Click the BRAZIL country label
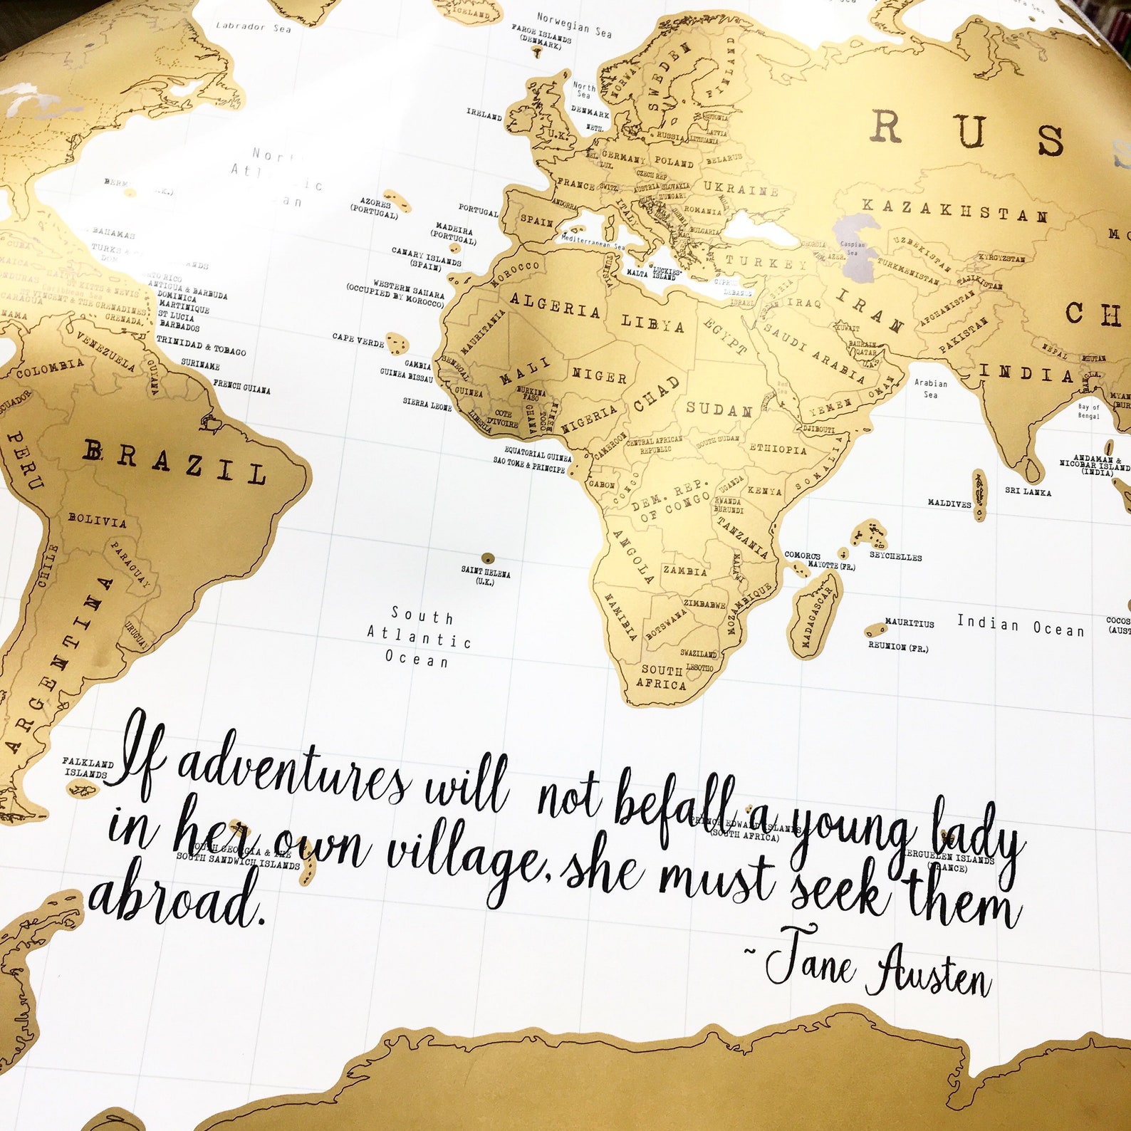(174, 462)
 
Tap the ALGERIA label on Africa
(555, 306)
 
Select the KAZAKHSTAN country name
(954, 211)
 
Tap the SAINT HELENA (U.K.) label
(486, 575)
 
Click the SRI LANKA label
(1028, 491)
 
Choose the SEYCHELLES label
(895, 556)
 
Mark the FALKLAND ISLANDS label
(87, 768)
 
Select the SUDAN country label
(719, 410)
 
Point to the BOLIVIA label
(97, 521)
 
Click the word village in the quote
(467, 855)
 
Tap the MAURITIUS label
(909, 622)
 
